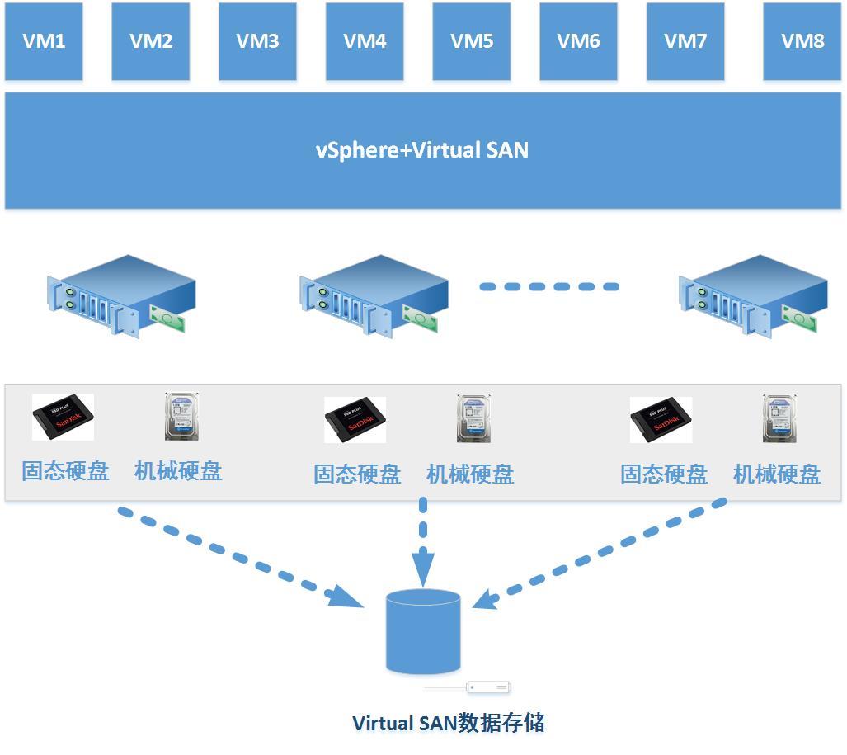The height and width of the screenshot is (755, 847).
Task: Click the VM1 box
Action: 44,41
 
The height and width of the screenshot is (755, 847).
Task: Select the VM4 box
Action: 365,41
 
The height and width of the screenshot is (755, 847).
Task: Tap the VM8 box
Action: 802,41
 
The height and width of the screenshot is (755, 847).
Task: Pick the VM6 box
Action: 578,41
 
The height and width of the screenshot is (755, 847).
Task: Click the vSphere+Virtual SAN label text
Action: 422,150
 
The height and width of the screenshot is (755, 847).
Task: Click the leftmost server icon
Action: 120,295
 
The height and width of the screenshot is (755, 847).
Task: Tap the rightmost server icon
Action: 752,295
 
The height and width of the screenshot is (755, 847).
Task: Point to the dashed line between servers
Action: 549,287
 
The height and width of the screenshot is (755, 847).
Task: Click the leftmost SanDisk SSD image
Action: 63,418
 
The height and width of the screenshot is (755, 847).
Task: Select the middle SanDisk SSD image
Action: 355,420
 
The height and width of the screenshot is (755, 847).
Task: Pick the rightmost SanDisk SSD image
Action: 661,420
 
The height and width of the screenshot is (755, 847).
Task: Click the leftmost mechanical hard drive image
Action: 183,416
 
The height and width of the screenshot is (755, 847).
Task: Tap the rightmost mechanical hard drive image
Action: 779,418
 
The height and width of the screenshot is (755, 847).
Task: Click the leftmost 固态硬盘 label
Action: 65,471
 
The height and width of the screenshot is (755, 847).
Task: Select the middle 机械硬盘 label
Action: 470,474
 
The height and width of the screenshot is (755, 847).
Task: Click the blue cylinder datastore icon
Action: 423,631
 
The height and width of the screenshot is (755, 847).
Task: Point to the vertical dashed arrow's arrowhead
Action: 423,569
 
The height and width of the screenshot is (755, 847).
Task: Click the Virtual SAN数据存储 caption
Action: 449,723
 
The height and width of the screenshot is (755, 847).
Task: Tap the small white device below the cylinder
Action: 488,687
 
